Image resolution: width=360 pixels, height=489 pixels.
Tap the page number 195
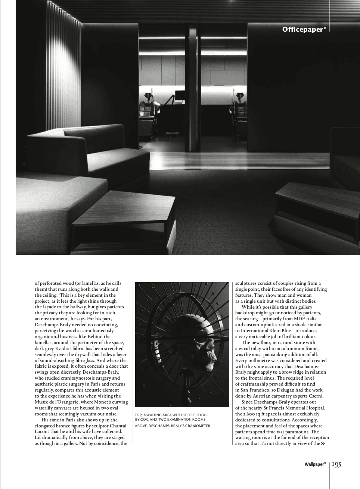tap(336, 464)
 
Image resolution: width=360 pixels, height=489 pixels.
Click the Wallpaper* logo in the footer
tap(315, 464)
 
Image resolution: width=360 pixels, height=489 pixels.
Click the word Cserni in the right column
tap(315, 396)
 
